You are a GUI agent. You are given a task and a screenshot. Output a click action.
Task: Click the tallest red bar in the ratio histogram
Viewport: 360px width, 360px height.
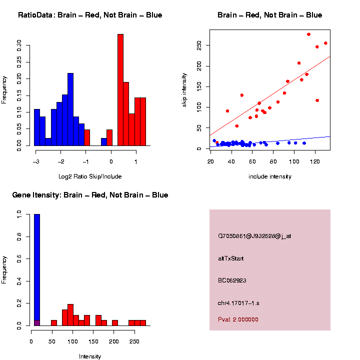pyautogui.click(x=120, y=90)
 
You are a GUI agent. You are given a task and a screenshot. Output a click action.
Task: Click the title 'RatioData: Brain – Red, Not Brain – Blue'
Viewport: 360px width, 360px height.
pyautogui.click(x=90, y=15)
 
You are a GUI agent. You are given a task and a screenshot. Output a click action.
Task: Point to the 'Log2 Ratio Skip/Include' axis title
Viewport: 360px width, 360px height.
pyautogui.click(x=90, y=176)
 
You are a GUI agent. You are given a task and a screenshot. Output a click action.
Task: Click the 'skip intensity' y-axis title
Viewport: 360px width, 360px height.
pyautogui.click(x=184, y=89)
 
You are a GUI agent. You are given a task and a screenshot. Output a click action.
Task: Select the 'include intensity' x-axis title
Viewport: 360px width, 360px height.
pyautogui.click(x=270, y=176)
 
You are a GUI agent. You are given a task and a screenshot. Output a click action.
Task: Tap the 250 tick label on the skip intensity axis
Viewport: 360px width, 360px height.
pyautogui.click(x=199, y=45)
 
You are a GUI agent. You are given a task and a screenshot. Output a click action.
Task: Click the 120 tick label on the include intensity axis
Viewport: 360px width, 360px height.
pyautogui.click(x=314, y=161)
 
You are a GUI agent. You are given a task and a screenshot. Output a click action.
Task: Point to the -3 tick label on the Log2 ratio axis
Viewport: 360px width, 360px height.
pyautogui.click(x=35, y=161)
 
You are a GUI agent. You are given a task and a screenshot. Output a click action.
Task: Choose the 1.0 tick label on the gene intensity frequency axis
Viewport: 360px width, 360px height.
pyautogui.click(x=19, y=214)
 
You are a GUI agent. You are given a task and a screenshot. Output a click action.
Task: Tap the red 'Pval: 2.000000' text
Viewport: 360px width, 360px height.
pyautogui.click(x=238, y=319)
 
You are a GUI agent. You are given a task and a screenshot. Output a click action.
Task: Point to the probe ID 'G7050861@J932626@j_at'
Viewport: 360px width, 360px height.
pyautogui.click(x=254, y=236)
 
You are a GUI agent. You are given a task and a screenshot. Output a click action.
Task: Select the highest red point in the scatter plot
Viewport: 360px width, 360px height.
pyautogui.click(x=308, y=34)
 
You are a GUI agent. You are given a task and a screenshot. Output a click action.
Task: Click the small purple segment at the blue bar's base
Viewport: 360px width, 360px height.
pyautogui.click(x=36, y=323)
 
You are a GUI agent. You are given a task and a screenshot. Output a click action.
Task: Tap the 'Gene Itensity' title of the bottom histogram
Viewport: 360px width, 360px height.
pyautogui.click(x=90, y=195)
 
